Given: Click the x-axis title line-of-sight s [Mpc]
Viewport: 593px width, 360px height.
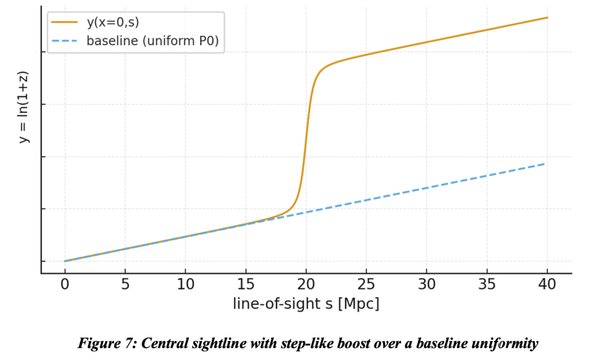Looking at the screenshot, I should click(306, 303).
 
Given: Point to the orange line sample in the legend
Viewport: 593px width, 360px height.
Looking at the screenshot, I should click(64, 22).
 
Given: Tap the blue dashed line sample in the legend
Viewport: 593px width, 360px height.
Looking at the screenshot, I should click(64, 41).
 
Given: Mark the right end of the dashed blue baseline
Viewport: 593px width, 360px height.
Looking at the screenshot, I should click(544, 164).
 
